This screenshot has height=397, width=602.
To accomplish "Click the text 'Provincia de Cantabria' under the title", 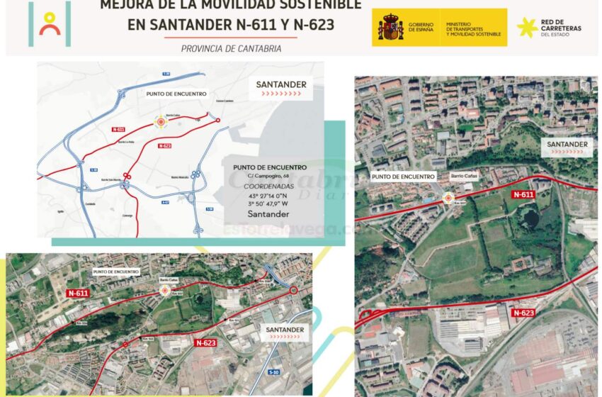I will [x=231, y=49].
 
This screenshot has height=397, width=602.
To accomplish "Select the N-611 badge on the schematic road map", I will [x=118, y=129].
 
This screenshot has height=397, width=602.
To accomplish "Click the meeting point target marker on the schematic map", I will [x=161, y=122].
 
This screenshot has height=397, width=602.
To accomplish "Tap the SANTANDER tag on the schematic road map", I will [x=281, y=85].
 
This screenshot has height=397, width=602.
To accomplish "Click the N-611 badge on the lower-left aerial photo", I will [x=77, y=292].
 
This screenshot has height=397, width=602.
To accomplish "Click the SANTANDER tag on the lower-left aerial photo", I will [x=285, y=330].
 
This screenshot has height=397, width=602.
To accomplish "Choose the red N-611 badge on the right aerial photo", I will [x=523, y=194].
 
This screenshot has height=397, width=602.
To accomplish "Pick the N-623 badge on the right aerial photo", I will [x=523, y=313].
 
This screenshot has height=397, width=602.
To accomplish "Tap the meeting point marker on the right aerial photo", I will [x=448, y=199].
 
